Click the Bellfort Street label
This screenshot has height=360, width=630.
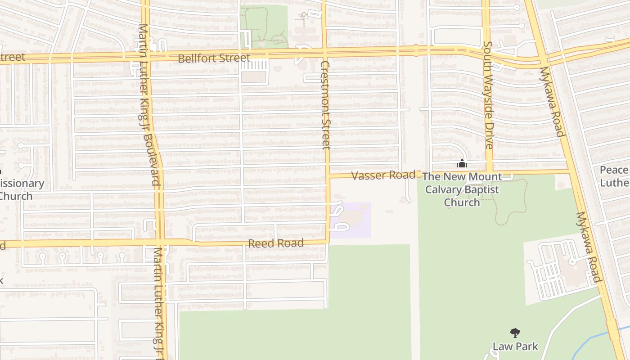click(214, 58)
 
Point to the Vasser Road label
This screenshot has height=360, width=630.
click(383, 175)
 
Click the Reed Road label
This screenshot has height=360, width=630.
click(276, 243)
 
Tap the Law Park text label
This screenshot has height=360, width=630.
click(515, 346)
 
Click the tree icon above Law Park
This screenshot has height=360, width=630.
click(515, 333)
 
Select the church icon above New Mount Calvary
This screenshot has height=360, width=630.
click(462, 164)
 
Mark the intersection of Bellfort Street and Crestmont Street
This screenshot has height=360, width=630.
click(325, 52)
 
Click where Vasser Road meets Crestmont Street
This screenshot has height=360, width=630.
click(328, 175)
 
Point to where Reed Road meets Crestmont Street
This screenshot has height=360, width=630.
click(328, 242)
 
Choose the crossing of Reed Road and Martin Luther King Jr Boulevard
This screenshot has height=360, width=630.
click(160, 243)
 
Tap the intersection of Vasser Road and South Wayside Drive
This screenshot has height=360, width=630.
click(489, 172)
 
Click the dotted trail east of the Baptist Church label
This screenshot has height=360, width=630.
click(525, 202)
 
